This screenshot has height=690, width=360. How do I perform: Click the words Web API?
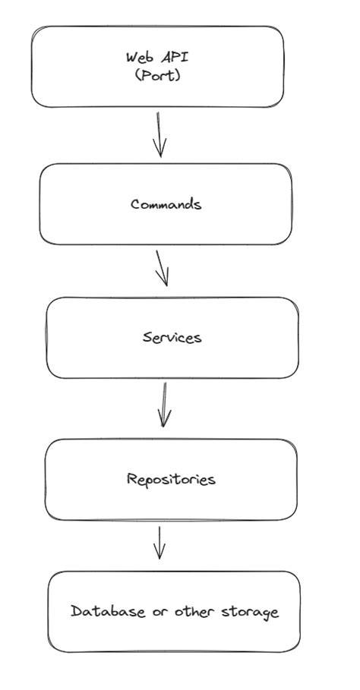click(157, 57)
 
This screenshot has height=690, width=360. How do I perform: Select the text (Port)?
click(157, 75)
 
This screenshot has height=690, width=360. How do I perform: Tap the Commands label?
click(166, 204)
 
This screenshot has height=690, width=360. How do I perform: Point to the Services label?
click(172, 337)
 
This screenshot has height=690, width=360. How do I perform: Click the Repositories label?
click(171, 479)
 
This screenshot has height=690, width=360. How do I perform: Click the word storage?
click(250, 612)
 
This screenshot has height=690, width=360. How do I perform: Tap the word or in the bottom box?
click(159, 612)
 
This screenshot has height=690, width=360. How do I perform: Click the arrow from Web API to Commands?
click(159, 134)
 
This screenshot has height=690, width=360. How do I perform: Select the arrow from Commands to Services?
click(160, 267)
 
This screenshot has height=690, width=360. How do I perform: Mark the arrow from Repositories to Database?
click(159, 542)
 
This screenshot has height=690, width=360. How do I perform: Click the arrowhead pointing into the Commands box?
click(159, 150)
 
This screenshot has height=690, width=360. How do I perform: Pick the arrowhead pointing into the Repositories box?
click(164, 421)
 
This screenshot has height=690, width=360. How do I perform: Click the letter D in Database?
click(76, 611)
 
